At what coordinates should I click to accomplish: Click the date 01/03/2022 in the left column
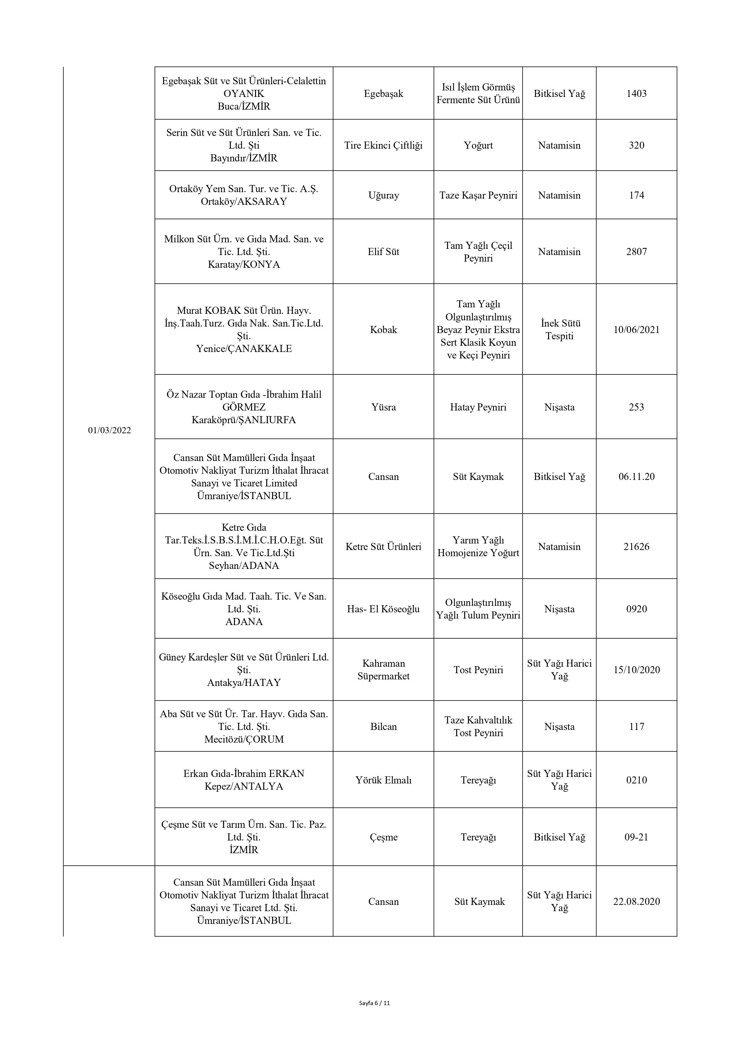click(x=109, y=430)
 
